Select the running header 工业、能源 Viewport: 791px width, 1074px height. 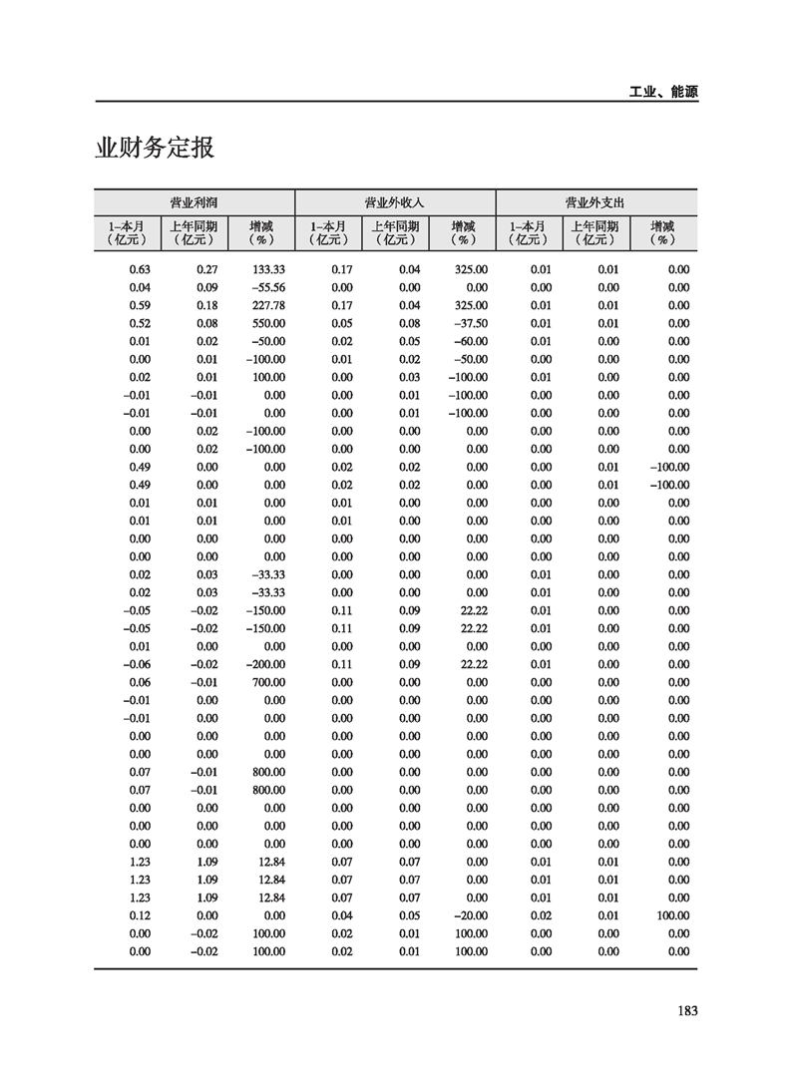pyautogui.click(x=663, y=91)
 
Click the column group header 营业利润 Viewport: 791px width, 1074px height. pyautogui.click(x=195, y=201)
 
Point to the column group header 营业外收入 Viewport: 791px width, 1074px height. pyautogui.click(x=395, y=201)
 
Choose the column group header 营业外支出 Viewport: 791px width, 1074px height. pyautogui.click(x=595, y=201)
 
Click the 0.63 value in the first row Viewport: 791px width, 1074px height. pyautogui.click(x=141, y=269)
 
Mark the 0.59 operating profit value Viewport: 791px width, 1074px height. pyautogui.click(x=141, y=305)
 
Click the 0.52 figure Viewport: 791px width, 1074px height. pyautogui.click(x=141, y=323)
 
